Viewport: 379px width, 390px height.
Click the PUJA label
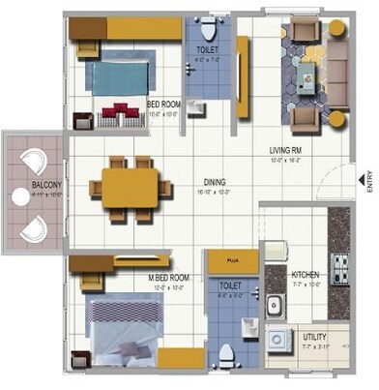[x=232, y=261]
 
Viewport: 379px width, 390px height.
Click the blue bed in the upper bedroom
[x=119, y=73]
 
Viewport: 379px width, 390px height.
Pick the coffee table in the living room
[x=307, y=77]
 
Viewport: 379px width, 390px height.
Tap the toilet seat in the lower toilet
[x=227, y=355]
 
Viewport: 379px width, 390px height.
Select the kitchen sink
[x=275, y=307]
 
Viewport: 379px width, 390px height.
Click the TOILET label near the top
[x=208, y=48]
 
